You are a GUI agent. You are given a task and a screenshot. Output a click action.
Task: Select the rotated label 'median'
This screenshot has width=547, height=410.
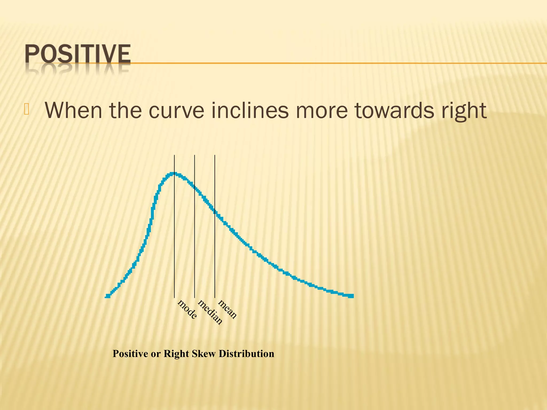210,312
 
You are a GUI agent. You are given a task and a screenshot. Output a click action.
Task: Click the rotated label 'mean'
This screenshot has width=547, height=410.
227,309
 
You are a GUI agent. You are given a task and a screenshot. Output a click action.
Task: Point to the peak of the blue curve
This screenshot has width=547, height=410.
174,174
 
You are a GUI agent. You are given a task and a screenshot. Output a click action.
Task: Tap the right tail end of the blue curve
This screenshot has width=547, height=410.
351,296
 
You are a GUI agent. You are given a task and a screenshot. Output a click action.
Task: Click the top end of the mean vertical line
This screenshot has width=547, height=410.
215,155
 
